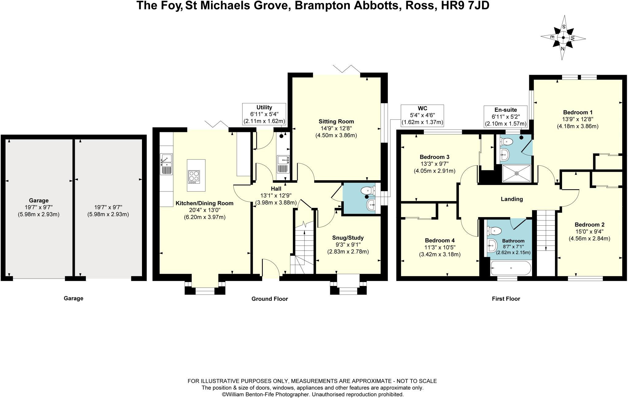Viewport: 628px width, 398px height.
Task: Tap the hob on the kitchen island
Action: point(194,177)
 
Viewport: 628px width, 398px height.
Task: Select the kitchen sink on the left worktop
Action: point(166,164)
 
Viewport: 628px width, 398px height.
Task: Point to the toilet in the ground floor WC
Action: point(368,191)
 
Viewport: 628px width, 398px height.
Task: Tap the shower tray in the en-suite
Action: point(517,173)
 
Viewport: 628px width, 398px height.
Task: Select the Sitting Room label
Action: point(336,122)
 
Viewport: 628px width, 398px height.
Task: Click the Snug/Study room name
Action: point(348,238)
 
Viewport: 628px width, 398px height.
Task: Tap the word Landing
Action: point(512,199)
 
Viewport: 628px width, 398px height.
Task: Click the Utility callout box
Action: point(264,114)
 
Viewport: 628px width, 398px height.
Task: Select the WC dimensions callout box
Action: point(423,115)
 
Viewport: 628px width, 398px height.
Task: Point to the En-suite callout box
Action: point(506,117)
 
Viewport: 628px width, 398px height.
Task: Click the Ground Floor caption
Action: point(270,299)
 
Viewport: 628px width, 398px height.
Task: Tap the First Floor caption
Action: point(506,299)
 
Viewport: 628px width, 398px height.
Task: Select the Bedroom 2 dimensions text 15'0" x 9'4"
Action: point(589,231)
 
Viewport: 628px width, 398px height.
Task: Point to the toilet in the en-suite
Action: point(506,141)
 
